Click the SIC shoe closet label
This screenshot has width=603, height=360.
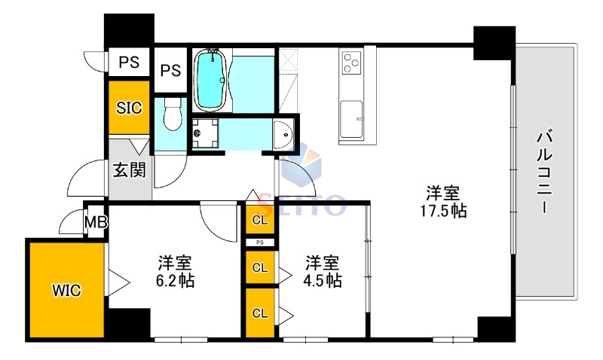(129, 107)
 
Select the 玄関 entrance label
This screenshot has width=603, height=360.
(129, 169)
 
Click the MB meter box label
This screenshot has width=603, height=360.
(96, 222)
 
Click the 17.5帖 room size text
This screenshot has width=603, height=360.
(444, 211)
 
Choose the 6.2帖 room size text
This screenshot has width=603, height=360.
(174, 281)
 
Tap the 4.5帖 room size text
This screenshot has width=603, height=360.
(322, 281)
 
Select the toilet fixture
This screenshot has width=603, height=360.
(173, 114)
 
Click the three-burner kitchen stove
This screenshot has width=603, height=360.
(352, 63)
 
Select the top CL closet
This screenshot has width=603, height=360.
(260, 220)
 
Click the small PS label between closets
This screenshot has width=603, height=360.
(260, 243)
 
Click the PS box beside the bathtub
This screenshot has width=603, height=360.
(171, 70)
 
